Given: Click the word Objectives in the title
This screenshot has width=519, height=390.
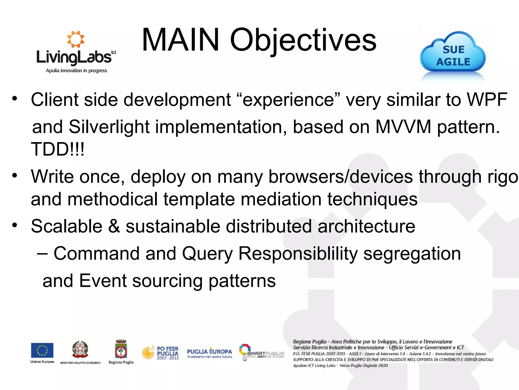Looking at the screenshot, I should pos(303,41).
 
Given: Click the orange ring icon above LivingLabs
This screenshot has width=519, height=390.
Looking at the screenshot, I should pos(76,39).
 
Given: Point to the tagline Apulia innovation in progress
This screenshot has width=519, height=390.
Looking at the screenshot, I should pos(76,71).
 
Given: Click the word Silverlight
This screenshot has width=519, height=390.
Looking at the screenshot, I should pos(109,127).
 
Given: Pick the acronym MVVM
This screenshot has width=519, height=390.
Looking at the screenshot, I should pos(403,127).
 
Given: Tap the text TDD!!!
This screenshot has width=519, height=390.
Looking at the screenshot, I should pos(58,149).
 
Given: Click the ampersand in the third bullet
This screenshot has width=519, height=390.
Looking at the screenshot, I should pos(114,226).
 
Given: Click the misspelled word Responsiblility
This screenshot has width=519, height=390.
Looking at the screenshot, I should pos(298,254).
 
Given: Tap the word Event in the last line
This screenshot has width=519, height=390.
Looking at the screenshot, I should pos(103,281).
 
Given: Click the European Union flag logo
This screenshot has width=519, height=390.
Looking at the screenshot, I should pos(42,350).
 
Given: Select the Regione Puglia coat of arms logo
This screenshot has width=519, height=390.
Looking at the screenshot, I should pos(121,350).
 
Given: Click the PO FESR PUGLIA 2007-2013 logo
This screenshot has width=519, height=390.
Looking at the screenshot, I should pos(160,353).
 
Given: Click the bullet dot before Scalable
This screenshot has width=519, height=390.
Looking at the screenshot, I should pos(15,225).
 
